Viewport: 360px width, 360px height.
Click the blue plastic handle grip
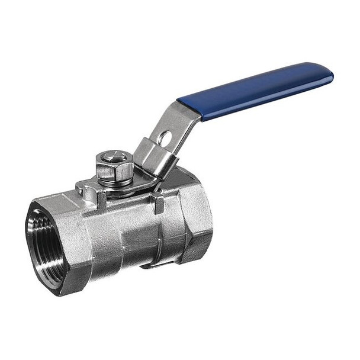point(261,92)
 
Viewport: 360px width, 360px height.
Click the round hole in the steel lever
point(166,139)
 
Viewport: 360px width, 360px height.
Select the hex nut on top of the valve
point(114,168)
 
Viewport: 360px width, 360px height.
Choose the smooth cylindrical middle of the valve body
point(130,231)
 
